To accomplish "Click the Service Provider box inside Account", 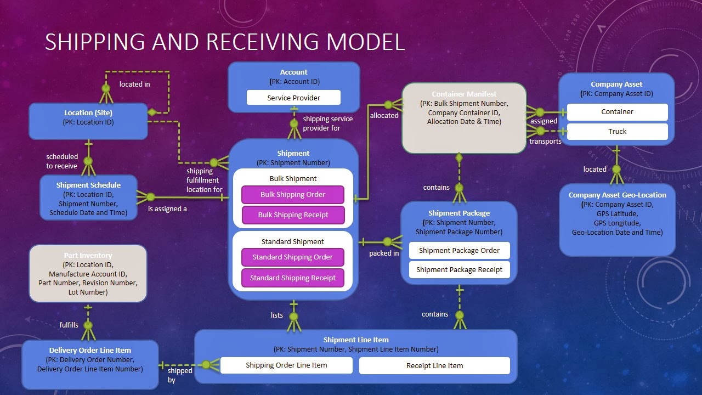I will (293, 98).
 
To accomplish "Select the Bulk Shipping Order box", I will (293, 195).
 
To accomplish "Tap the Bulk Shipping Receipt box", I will (293, 215).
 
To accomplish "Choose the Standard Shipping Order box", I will (293, 257).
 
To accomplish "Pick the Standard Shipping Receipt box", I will (293, 278).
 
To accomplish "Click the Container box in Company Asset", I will (617, 112).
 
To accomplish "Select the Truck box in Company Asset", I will (617, 132).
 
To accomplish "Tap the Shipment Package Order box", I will (459, 251).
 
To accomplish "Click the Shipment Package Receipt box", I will (459, 270).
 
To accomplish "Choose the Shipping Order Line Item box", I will (286, 365).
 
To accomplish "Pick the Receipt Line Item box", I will (434, 366).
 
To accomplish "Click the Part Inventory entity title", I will (88, 256).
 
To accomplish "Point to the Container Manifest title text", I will (464, 94).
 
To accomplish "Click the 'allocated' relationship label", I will (384, 116).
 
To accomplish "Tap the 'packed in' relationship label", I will (384, 253).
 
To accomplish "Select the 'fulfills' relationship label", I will (69, 325).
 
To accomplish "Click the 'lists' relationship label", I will (277, 315).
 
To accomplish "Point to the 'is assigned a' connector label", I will (167, 209).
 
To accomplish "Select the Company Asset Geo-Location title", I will (617, 195).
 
